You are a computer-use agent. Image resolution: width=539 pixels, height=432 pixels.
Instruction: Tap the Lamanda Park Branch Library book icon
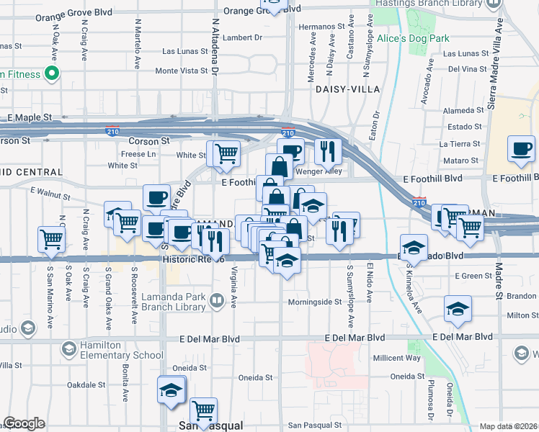(x=217, y=300)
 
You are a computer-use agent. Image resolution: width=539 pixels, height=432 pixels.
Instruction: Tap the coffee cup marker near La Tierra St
(x=521, y=149)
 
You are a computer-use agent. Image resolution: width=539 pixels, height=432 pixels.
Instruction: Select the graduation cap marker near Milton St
(x=458, y=309)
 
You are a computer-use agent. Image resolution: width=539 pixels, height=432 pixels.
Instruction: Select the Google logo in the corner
(x=24, y=423)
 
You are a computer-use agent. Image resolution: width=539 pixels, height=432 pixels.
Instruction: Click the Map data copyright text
(x=508, y=426)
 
